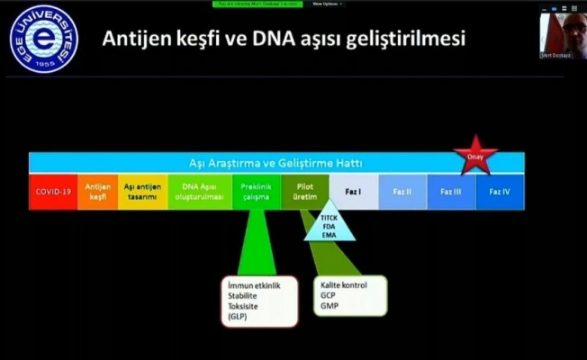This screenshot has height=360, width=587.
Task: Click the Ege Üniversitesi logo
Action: pyautogui.click(x=43, y=39)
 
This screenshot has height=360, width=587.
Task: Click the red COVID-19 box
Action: pyautogui.click(x=53, y=192)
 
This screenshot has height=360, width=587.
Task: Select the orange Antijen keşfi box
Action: pyautogui.click(x=97, y=192)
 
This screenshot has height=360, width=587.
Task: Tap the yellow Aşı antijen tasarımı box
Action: pyautogui.click(x=142, y=192)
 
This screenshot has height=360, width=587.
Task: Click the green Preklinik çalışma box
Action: pyautogui.click(x=257, y=192)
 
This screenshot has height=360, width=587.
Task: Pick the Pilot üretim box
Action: pyautogui.click(x=304, y=192)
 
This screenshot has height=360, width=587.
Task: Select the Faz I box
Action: pyautogui.click(x=353, y=192)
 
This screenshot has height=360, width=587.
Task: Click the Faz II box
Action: pyautogui.click(x=402, y=192)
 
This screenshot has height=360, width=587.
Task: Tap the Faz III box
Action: pyautogui.click(x=451, y=192)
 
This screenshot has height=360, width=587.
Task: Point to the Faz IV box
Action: pyautogui.click(x=500, y=192)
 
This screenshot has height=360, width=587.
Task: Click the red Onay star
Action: pyautogui.click(x=474, y=156)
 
